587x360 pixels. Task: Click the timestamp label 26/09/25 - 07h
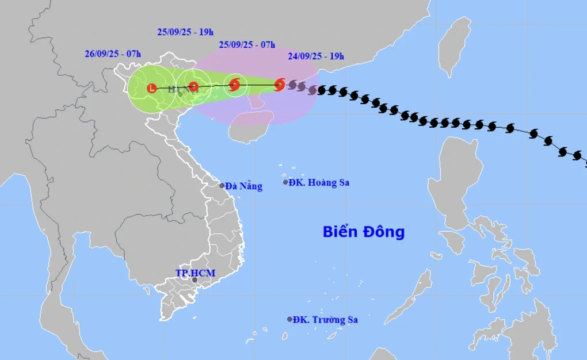tap(112, 55)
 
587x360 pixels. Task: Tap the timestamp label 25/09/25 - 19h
tap(185, 32)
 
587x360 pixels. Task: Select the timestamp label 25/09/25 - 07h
tap(247, 45)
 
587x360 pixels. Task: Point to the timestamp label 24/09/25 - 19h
tap(315, 56)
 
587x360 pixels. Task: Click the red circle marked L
tap(151, 88)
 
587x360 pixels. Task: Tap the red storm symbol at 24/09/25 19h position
tap(280, 85)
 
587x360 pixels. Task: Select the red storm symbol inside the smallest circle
tap(234, 85)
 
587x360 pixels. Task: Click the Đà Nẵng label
tap(244, 186)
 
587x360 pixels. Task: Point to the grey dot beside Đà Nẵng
tap(222, 185)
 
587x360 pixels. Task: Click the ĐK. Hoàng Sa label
tap(319, 183)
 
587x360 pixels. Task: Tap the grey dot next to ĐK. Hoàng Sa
tap(285, 182)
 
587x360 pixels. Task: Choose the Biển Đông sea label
tap(363, 232)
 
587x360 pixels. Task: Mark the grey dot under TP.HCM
tap(195, 280)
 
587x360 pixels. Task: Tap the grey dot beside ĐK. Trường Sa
tap(289, 319)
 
